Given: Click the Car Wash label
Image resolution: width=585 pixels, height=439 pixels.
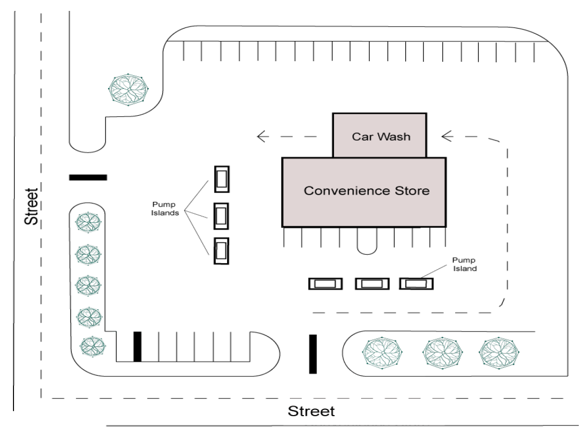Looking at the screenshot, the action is point(381,137).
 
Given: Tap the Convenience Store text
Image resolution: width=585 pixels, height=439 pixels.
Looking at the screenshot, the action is point(366,191).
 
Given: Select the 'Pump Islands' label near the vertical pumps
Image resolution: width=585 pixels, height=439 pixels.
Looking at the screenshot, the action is point(165,209).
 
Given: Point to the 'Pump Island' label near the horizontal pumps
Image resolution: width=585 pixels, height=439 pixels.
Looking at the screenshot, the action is point(464,264).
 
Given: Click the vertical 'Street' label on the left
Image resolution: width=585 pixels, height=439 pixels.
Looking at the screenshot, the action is point(31,207).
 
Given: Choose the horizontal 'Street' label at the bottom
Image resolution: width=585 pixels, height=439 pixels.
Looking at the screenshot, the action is point(311,411).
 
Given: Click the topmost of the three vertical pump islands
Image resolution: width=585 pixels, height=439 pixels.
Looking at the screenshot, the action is point(222,179).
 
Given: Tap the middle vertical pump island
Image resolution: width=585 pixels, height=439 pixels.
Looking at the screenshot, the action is point(221,216).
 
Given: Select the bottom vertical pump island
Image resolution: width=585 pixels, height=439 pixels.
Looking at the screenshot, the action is point(221,251).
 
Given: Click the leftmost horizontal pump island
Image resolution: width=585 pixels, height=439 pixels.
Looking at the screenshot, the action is point(325,284).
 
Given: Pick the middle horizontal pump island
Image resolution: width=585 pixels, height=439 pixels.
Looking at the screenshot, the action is point(372,284).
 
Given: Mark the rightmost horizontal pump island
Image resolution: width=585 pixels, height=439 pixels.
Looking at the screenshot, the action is point(416,284).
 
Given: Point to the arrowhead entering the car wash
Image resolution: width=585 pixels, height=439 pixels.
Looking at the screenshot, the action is point(446,136).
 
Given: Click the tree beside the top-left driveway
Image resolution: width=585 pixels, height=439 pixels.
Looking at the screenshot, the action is point(128,89).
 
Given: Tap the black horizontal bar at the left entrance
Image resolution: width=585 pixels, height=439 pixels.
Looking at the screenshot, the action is point(88,177).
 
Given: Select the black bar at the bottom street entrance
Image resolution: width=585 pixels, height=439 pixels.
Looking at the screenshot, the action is point(313,354).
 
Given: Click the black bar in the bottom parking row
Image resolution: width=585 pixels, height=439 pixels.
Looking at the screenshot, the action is point(137,347).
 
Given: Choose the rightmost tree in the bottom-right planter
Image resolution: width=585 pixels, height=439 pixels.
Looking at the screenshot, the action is point(499,352).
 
